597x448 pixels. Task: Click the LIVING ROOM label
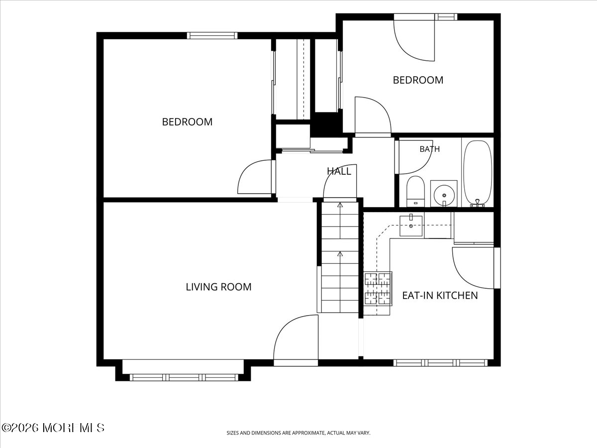point(218,287)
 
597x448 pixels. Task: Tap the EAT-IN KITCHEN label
point(440,295)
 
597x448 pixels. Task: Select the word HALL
point(339,171)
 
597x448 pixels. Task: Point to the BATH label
point(430,149)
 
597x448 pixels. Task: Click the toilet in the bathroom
point(415,191)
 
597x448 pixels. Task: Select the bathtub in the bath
point(478,174)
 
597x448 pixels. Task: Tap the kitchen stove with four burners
point(378,288)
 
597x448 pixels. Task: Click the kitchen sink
point(411,225)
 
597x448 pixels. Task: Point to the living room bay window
point(184,377)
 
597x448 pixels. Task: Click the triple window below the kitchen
point(441,362)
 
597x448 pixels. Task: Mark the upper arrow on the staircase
point(340,205)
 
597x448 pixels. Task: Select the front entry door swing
point(296,337)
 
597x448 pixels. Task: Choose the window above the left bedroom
point(212,36)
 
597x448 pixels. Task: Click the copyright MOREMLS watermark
point(53,428)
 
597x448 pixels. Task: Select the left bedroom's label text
point(187,122)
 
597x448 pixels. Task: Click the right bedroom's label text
point(418,80)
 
